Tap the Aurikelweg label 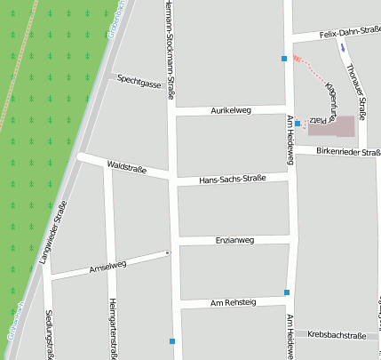tap(231, 110)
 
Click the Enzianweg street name tap(235, 240)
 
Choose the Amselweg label tap(108, 265)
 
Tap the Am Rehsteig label tap(233, 303)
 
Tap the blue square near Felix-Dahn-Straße tap(284, 59)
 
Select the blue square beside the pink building tap(298, 123)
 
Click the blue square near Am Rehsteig tap(287, 292)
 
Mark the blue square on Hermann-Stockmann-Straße tap(172, 341)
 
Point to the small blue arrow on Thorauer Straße tap(343, 47)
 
